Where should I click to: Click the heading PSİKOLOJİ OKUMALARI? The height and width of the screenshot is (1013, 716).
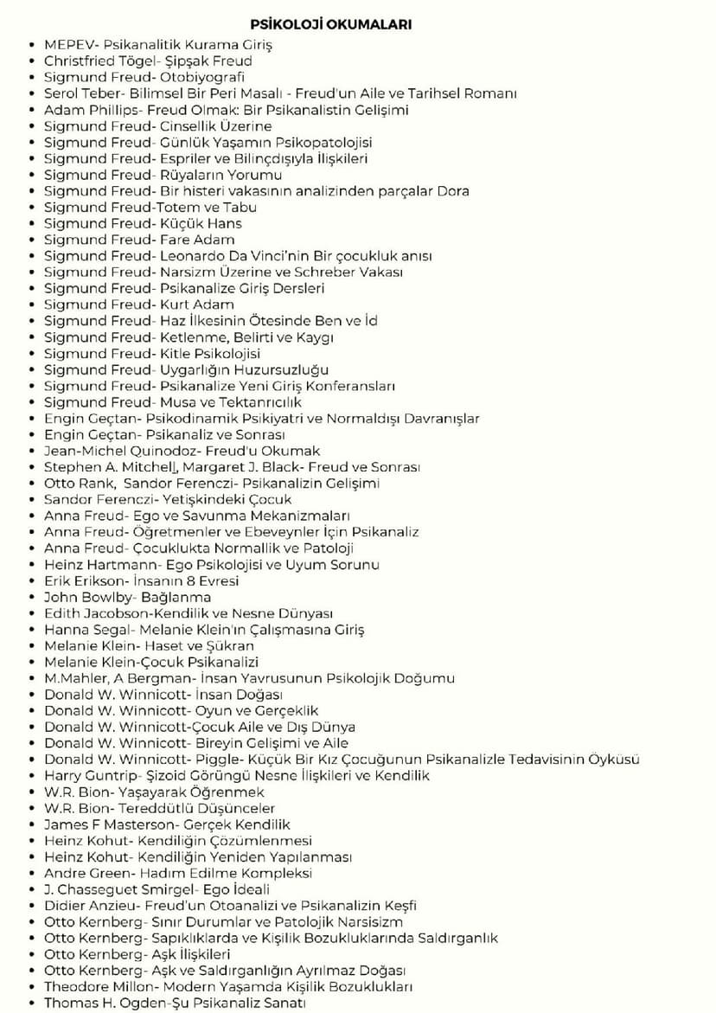(330, 24)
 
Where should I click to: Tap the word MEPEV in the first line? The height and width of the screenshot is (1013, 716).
(67, 44)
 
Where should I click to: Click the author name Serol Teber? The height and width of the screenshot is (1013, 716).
(83, 93)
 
